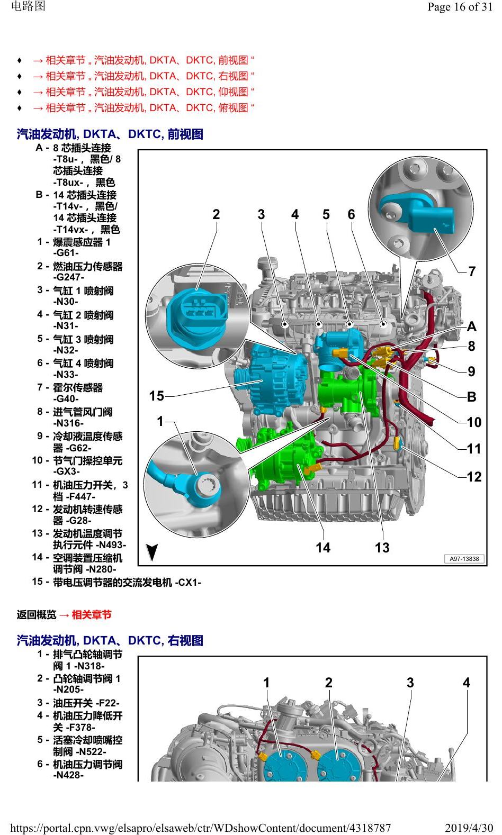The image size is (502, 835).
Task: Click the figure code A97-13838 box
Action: pyautogui.click(x=464, y=559)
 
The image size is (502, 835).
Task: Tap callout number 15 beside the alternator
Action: pyautogui.click(x=157, y=396)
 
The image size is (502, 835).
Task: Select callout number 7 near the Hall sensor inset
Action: pyautogui.click(x=472, y=271)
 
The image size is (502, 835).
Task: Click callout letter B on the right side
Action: pyautogui.click(x=471, y=397)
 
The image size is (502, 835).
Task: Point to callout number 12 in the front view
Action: pyautogui.click(x=474, y=476)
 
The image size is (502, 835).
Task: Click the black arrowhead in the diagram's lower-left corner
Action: pyautogui.click(x=152, y=552)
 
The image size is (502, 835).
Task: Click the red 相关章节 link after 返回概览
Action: pyautogui.click(x=92, y=615)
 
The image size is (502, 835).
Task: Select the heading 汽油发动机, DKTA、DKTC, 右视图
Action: pyautogui.click(x=110, y=640)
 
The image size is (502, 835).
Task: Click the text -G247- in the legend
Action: pyautogui.click(x=69, y=277)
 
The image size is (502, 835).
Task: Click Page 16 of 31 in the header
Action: pyautogui.click(x=460, y=7)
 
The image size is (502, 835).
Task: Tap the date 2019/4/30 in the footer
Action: pyautogui.click(x=469, y=828)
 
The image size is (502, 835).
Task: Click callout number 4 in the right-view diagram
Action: pyautogui.click(x=467, y=683)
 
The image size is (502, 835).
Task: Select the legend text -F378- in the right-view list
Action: pyautogui.click(x=79, y=727)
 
